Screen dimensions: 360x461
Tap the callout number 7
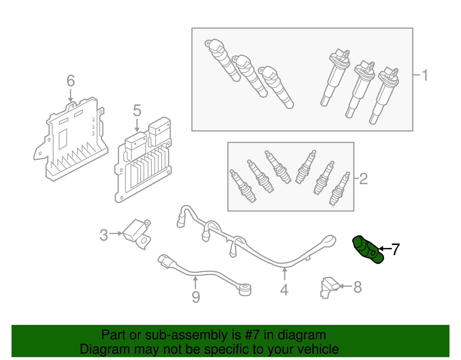395,249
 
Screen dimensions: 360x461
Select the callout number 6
71,81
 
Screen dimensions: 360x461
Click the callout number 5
137,111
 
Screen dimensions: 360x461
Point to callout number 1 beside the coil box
425,76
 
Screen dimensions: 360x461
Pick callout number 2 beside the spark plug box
363,179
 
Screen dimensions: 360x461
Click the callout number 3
104,235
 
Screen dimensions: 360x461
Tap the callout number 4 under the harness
284,290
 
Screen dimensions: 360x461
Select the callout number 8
357,287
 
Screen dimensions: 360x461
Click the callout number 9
196,297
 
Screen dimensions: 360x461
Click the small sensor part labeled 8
330,287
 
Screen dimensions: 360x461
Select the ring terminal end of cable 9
245,289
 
